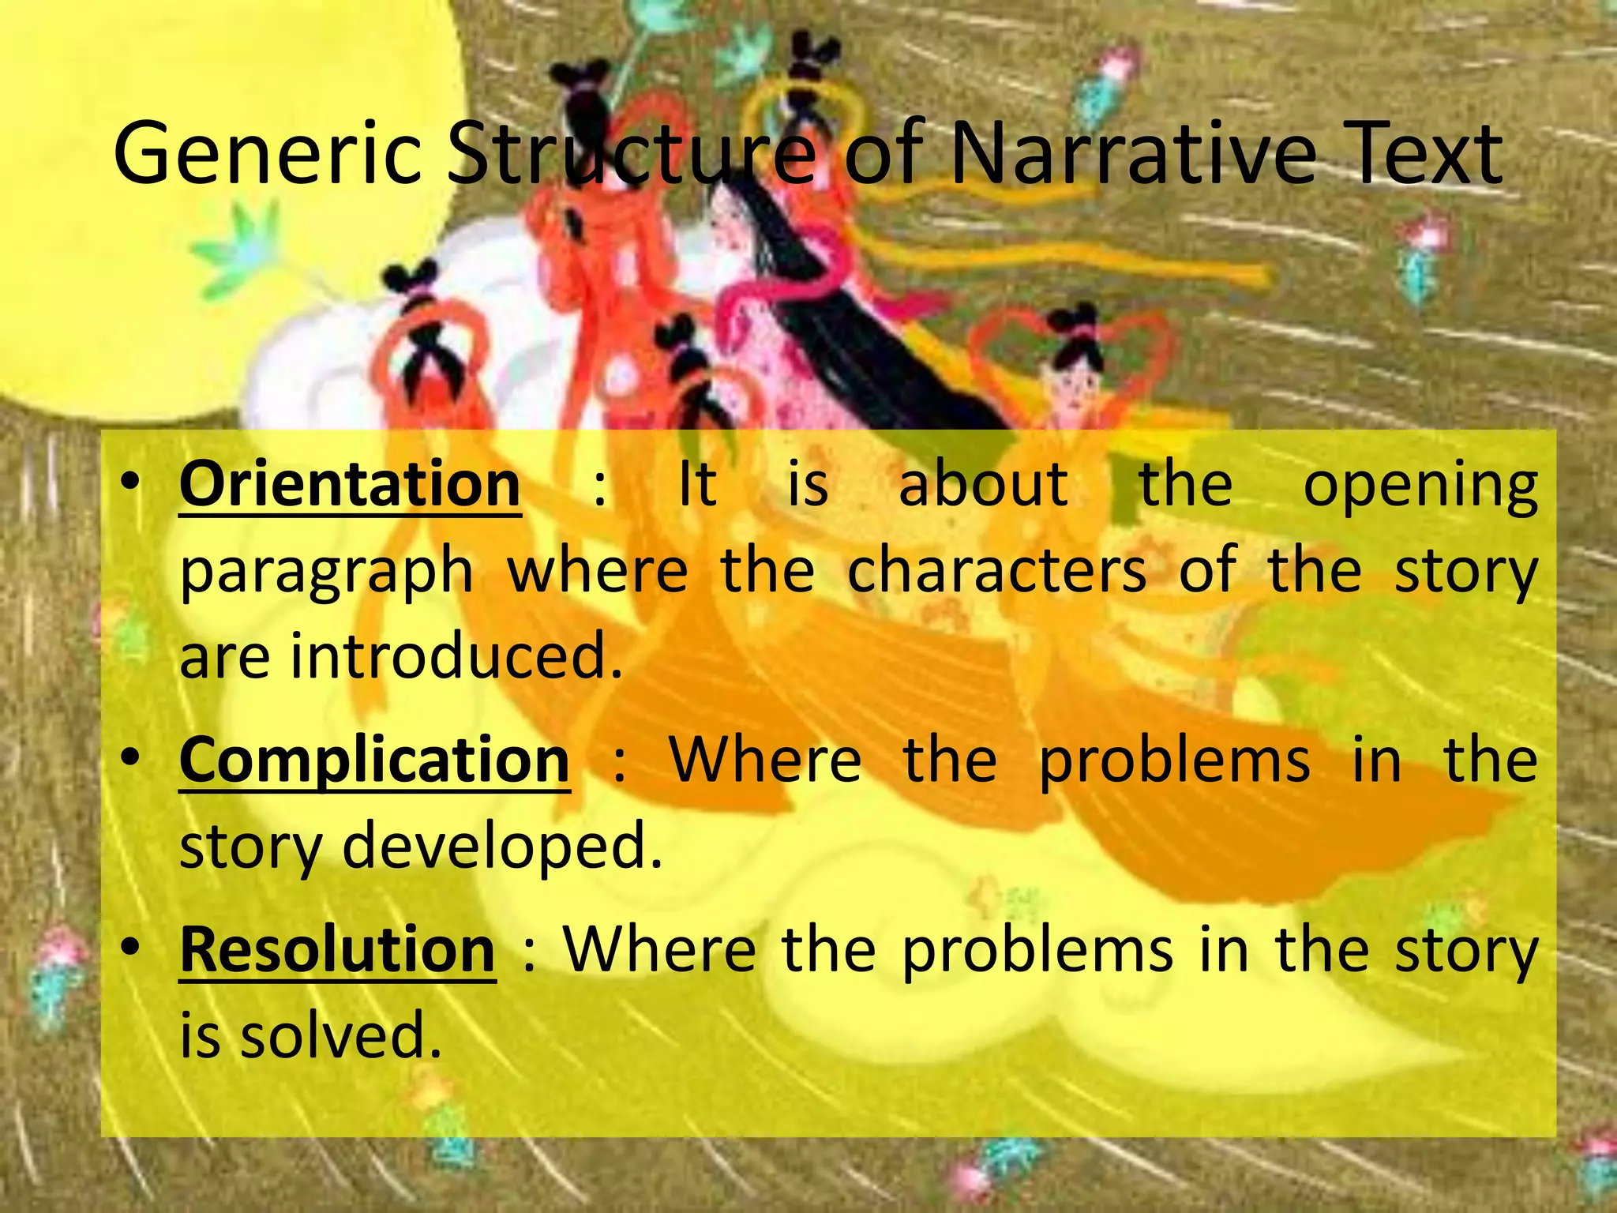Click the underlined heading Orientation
coord(350,484)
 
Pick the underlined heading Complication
coord(374,760)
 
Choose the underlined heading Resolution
coord(337,949)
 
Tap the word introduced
coord(456,655)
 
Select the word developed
coord(502,845)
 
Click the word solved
coord(340,1035)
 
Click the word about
coord(984,484)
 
